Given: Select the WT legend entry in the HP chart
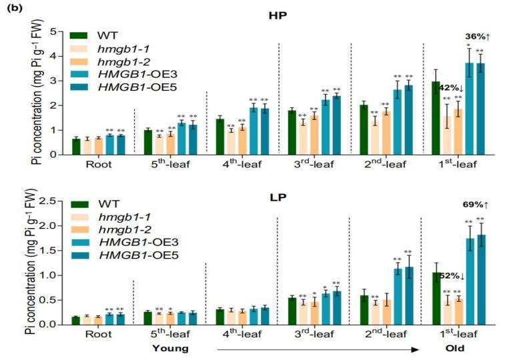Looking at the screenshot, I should click(x=99, y=35).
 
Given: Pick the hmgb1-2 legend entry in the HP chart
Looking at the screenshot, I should click(x=109, y=64).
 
